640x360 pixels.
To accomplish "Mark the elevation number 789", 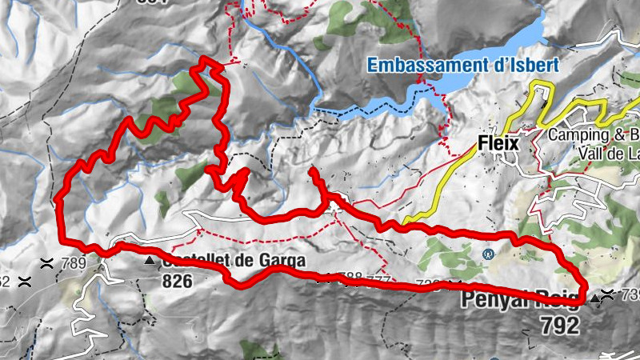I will coord(73,264).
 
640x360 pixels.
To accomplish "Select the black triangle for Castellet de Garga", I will coord(149,262).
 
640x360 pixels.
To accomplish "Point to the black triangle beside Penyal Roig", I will coord(595,300).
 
